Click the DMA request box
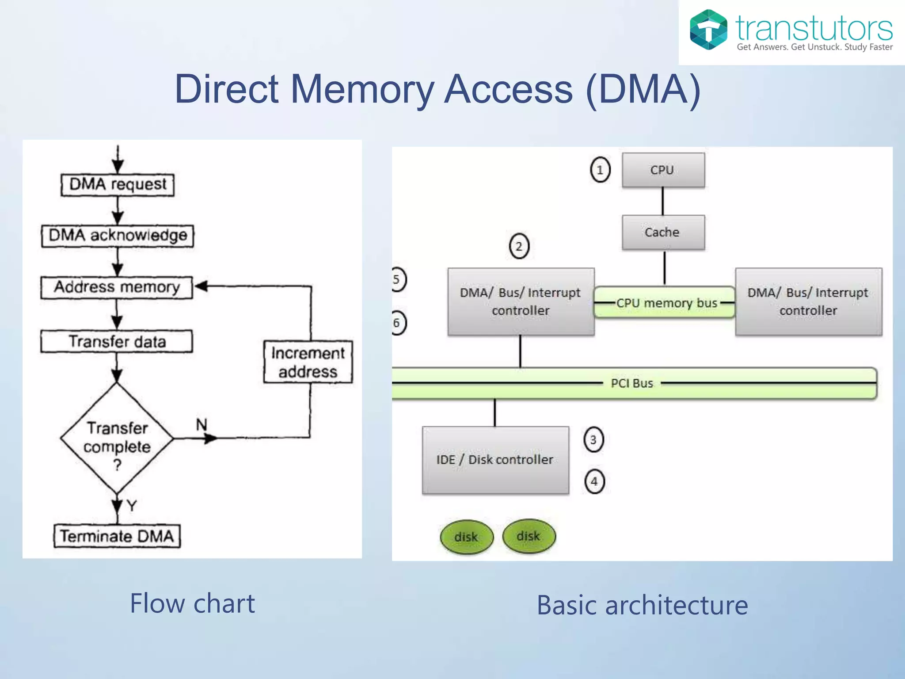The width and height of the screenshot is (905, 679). click(118, 184)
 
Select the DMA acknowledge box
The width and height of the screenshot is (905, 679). click(118, 236)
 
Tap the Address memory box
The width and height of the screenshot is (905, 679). click(117, 287)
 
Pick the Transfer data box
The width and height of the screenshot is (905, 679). click(117, 342)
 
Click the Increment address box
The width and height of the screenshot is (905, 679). click(308, 362)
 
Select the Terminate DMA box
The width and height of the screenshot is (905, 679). click(117, 536)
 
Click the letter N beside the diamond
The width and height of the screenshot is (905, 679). click(202, 425)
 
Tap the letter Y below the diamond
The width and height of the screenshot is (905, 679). click(132, 505)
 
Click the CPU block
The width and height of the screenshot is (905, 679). click(663, 170)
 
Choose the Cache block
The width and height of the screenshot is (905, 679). click(663, 233)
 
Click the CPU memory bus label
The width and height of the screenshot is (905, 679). click(666, 303)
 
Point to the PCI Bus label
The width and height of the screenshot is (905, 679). click(632, 383)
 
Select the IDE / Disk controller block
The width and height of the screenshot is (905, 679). click(495, 460)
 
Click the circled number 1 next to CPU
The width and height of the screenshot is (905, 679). click(600, 170)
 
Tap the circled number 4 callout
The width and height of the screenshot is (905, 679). click(594, 481)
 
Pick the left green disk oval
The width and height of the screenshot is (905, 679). click(466, 537)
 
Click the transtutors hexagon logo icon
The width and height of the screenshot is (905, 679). click(708, 30)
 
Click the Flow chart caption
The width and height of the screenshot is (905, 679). click(192, 603)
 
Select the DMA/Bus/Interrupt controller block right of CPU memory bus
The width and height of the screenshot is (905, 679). click(808, 301)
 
